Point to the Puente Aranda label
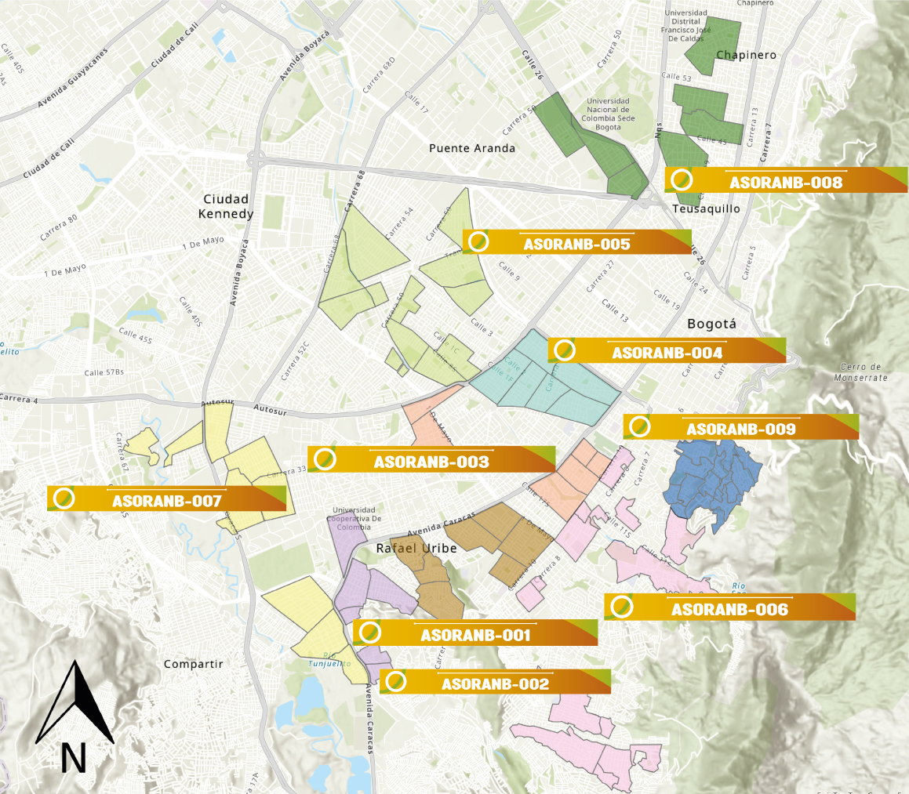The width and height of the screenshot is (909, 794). tap(472, 148)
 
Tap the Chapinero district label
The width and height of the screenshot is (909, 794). tap(746, 55)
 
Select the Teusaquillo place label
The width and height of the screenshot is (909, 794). tap(707, 208)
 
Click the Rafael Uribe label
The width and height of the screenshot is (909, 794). tap(416, 548)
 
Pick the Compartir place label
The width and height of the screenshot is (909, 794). tap(193, 664)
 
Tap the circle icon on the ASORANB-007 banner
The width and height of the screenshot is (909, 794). tap(64, 498)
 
